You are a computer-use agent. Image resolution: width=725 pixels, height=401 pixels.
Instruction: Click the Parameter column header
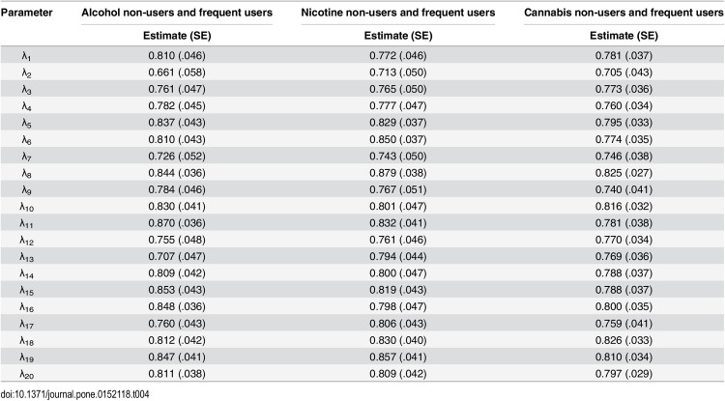pyautogui.click(x=26, y=13)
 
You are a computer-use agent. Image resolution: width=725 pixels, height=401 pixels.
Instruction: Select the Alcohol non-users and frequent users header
pyautogui.click(x=177, y=13)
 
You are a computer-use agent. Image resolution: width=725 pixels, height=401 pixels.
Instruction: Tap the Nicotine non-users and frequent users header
pyautogui.click(x=398, y=13)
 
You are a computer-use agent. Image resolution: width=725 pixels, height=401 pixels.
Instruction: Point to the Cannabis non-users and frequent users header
pyautogui.click(x=623, y=13)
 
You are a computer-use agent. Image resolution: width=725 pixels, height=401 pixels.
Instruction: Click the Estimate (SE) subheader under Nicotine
pyautogui.click(x=398, y=36)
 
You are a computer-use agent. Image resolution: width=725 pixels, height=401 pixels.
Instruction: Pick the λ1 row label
pyautogui.click(x=26, y=56)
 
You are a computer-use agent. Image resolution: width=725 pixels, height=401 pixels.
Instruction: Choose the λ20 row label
pyautogui.click(x=27, y=374)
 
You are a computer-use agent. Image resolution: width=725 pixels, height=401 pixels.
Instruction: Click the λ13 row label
pyautogui.click(x=27, y=257)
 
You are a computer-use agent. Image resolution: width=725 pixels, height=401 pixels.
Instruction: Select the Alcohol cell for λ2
pyautogui.click(x=177, y=72)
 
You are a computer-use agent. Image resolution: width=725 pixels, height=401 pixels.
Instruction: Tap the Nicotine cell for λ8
pyautogui.click(x=398, y=173)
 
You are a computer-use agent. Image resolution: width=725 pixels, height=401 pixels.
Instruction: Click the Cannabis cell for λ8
pyautogui.click(x=623, y=173)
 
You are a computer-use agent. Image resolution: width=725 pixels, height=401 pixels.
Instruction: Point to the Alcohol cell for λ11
pyautogui.click(x=177, y=223)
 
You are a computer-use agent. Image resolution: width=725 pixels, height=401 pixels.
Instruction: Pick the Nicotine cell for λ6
pyautogui.click(x=398, y=139)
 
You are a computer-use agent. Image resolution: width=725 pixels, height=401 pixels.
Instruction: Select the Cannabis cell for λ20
pyautogui.click(x=623, y=374)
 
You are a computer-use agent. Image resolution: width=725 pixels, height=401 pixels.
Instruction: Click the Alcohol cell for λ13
pyautogui.click(x=177, y=256)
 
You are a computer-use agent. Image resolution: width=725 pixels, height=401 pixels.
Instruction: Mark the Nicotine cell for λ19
pyautogui.click(x=398, y=358)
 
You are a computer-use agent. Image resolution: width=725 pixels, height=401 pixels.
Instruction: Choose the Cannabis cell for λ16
pyautogui.click(x=623, y=306)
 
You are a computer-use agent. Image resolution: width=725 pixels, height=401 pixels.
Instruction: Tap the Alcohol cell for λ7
pyautogui.click(x=177, y=157)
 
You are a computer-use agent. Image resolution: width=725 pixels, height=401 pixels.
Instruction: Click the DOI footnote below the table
pyautogui.click(x=74, y=394)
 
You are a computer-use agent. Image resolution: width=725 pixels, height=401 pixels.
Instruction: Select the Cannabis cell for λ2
pyautogui.click(x=623, y=72)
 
